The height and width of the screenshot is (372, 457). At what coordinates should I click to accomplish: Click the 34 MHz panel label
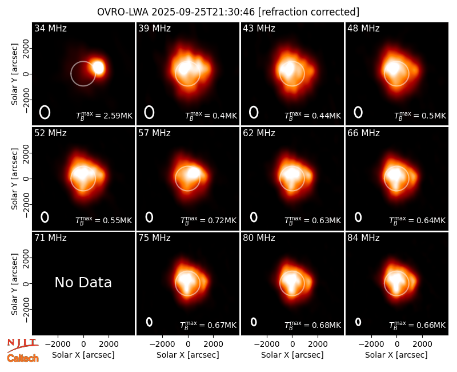click(50, 28)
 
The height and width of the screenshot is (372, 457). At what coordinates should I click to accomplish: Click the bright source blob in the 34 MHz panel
click(98, 68)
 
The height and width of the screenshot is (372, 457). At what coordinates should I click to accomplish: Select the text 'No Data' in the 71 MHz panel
click(83, 282)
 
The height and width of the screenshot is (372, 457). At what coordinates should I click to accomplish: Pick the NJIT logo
click(22, 345)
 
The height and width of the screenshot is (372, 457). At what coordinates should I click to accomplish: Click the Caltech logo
click(23, 358)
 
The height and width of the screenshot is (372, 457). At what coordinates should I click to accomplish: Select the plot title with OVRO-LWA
click(228, 12)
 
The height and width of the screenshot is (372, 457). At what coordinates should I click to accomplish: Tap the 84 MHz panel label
click(363, 238)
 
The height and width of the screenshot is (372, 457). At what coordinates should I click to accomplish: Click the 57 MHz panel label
click(154, 133)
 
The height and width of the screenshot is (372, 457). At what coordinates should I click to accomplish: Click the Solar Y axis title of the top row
click(14, 74)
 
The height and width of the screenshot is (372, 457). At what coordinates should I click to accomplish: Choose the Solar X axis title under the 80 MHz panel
click(292, 355)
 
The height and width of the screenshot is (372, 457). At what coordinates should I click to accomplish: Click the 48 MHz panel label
click(363, 28)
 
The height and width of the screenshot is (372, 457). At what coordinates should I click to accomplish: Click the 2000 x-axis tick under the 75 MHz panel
click(213, 345)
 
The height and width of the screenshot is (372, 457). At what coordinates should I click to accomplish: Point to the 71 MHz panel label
click(50, 238)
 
